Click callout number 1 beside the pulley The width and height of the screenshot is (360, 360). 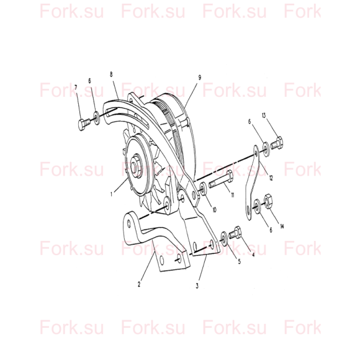pos(112,194)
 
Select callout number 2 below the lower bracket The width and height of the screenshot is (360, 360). pos(139,284)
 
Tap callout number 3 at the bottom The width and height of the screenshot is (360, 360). pos(197,286)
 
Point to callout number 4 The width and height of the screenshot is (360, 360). pos(253,254)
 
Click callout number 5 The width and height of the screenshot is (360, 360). pos(239,261)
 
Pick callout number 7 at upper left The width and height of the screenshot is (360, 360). pos(76,88)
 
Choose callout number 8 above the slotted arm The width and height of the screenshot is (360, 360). pos(111,74)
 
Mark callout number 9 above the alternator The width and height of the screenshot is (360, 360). pos(199,78)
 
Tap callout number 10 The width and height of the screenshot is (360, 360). pos(214,210)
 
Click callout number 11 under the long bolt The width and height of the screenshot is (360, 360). pos(232,195)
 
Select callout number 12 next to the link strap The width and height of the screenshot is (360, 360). pos(271,178)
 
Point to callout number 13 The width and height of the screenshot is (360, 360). pos(264,115)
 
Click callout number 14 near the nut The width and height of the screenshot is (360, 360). pos(282,226)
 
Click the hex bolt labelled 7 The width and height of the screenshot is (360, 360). pos(84,125)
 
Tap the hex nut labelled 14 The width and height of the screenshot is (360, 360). pos(268,201)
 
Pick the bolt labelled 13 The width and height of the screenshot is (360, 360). pos(277,143)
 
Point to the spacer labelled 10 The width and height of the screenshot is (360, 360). pos(204,189)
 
